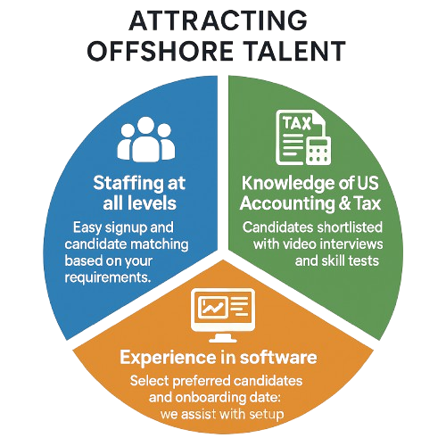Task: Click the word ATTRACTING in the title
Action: (x=218, y=21)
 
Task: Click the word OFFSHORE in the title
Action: (x=161, y=51)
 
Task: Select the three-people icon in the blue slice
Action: (x=146, y=139)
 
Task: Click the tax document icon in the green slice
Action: (x=303, y=137)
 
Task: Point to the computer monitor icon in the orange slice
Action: (x=223, y=315)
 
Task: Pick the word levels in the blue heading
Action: (x=153, y=203)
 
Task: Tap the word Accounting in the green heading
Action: (x=287, y=204)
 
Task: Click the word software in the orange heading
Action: (x=278, y=357)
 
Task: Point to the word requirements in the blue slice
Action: (x=107, y=278)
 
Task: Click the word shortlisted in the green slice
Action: (x=350, y=227)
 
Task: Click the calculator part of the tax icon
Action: (x=318, y=150)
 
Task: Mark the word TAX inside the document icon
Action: (x=296, y=123)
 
